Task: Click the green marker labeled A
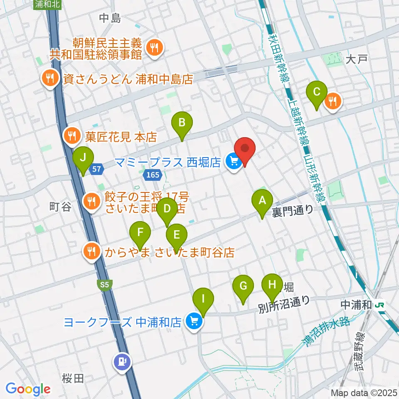coord(262,201)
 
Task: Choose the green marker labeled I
coord(203,299)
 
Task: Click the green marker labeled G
coord(244,286)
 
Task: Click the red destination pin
coord(245,149)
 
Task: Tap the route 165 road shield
coord(152,175)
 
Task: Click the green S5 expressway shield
coord(104,284)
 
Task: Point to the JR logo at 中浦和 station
coord(379,305)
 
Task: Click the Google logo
coord(28,389)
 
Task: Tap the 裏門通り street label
coord(293,211)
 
